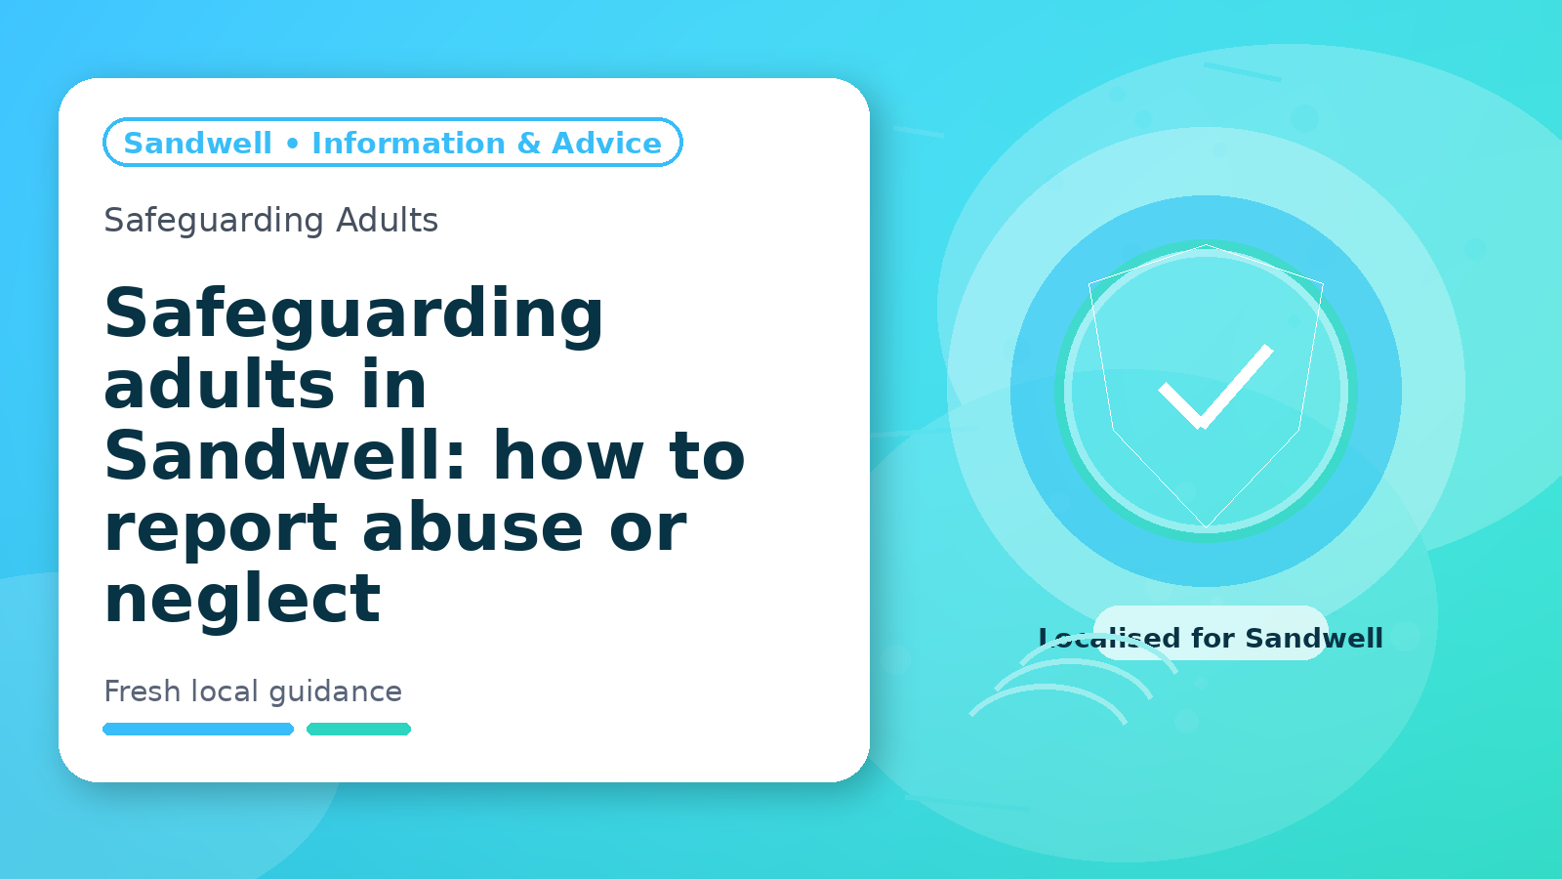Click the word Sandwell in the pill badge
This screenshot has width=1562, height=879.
(x=197, y=143)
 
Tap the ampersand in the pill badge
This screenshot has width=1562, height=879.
(x=529, y=143)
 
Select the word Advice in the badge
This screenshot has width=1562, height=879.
(x=606, y=143)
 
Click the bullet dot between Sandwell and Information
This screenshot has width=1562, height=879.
(x=292, y=144)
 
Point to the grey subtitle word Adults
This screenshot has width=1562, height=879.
(x=387, y=220)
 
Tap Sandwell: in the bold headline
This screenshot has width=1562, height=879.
(x=284, y=455)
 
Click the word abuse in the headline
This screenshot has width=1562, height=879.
(x=473, y=526)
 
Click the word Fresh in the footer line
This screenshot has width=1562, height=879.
(x=143, y=691)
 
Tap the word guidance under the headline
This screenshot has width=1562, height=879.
(x=336, y=692)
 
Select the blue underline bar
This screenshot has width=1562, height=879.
(x=198, y=729)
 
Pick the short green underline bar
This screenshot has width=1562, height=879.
(x=358, y=729)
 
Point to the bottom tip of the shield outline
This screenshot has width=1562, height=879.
(x=1206, y=526)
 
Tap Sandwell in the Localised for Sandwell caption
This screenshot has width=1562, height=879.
(x=1314, y=639)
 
